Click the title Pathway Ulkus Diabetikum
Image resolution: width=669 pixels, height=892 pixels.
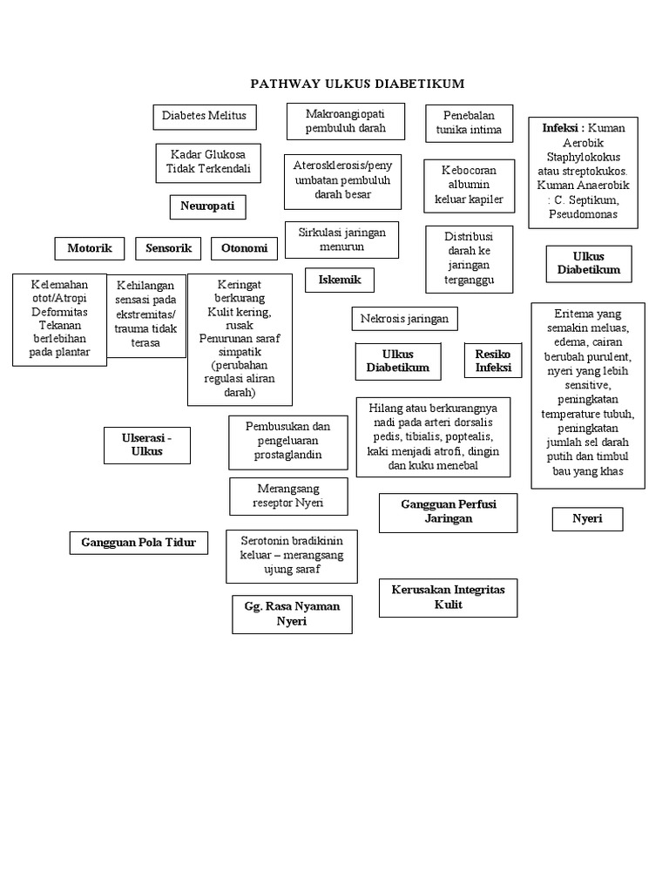(357, 84)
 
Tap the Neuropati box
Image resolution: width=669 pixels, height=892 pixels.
(207, 206)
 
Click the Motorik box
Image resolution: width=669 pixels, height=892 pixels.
(90, 248)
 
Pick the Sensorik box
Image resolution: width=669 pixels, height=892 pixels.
(168, 248)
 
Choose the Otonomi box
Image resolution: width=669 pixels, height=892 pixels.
(244, 248)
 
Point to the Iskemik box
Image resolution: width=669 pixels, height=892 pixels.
(339, 280)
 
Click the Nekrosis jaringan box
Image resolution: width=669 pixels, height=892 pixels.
(404, 319)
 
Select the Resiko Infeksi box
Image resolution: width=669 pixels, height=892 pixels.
(493, 361)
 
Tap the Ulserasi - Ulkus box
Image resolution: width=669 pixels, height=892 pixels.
(146, 444)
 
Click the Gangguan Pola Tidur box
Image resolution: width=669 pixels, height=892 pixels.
(139, 543)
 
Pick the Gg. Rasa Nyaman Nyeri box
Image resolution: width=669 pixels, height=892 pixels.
(292, 613)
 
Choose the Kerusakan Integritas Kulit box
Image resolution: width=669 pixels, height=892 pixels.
(448, 598)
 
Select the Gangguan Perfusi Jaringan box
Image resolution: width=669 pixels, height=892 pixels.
(448, 511)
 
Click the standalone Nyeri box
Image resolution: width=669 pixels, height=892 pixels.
(587, 519)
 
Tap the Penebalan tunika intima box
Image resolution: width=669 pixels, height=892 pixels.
(469, 123)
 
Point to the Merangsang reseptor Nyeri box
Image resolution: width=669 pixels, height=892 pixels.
(289, 497)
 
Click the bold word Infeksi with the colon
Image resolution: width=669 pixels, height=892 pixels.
(563, 128)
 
